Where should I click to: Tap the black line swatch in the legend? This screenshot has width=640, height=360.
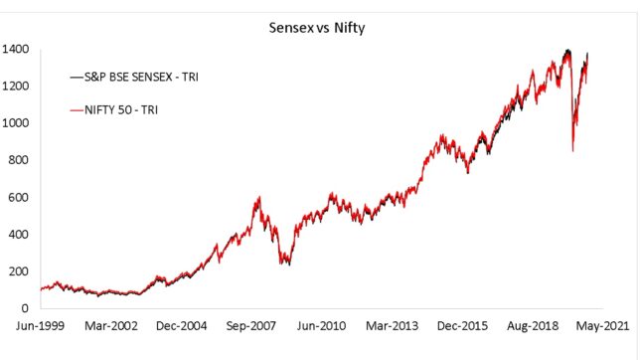(76, 76)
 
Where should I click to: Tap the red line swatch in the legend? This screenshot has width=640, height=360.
(76, 109)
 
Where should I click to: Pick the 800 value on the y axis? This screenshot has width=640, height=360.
(18, 160)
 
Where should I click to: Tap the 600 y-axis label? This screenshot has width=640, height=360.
(18, 198)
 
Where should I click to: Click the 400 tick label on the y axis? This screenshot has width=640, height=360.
(18, 235)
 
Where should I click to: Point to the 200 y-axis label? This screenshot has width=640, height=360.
(18, 271)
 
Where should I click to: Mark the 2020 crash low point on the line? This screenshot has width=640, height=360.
(572, 151)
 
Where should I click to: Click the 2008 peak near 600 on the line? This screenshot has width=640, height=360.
(258, 197)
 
